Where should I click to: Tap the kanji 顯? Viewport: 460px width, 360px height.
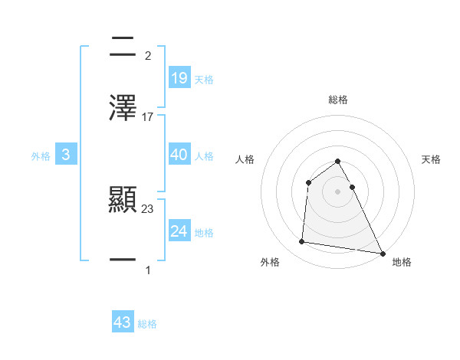123,201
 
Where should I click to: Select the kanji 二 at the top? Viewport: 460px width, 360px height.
123,47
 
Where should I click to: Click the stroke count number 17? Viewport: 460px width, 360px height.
148,117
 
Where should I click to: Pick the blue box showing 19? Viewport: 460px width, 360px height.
179,77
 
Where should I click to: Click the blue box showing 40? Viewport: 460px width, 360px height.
179,155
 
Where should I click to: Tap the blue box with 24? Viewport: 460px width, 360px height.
179,231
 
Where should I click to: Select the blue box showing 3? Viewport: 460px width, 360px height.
66,155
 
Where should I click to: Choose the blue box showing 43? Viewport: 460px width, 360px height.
123,322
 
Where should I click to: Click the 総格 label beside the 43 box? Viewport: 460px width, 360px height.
147,324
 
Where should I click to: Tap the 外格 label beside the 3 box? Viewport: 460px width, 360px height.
41,156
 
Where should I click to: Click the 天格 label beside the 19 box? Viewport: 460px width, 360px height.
204,79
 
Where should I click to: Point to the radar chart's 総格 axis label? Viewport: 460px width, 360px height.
338,100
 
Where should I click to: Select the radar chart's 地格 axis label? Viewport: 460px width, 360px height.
402,262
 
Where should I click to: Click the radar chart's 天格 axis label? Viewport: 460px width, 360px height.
431,159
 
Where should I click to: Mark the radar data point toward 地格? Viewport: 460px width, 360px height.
383,253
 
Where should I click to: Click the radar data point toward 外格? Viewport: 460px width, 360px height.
302,242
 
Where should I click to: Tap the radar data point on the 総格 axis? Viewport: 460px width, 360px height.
338,162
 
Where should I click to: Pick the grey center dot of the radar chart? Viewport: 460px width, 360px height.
338,191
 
